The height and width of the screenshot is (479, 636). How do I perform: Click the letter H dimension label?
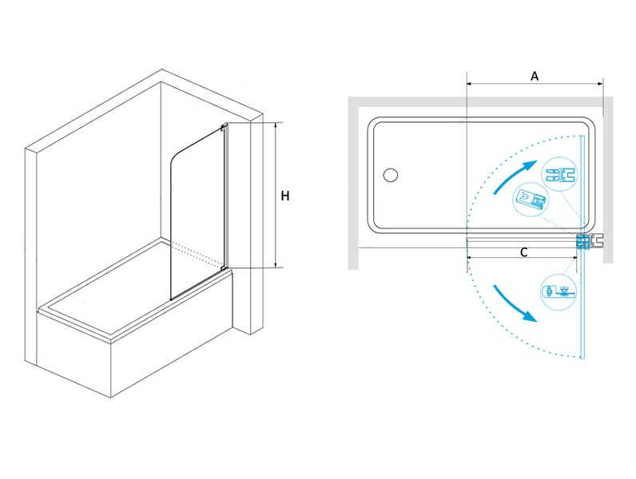[x=285, y=196]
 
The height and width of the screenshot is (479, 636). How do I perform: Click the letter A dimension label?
[x=535, y=76]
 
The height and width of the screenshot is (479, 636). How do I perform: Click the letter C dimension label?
[x=523, y=252]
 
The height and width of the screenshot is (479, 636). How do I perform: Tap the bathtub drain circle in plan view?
[x=390, y=175]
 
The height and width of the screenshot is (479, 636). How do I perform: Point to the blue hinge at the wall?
[x=584, y=242]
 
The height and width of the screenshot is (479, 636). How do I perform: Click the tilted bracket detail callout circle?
[x=531, y=200]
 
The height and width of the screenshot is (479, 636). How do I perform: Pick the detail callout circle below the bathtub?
[x=559, y=291]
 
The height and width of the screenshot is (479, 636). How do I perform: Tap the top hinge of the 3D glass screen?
[x=224, y=127]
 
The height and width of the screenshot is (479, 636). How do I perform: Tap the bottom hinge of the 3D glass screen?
[x=224, y=267]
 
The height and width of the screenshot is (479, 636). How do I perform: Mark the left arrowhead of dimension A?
[x=470, y=84]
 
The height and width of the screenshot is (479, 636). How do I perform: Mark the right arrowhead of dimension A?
[x=600, y=84]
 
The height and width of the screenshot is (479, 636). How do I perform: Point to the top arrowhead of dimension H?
[x=276, y=125]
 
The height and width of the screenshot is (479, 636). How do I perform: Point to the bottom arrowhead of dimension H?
[x=276, y=265]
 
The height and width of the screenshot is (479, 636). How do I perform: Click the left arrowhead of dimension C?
[x=470, y=257]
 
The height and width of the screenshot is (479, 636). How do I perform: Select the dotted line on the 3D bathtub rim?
[x=196, y=252]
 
